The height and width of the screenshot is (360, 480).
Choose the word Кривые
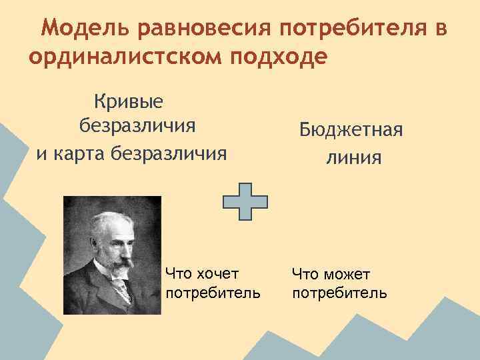[131, 102]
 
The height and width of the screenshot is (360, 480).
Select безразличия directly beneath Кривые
[137, 127]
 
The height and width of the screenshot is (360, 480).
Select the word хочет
[217, 273]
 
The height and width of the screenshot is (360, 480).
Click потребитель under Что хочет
[213, 293]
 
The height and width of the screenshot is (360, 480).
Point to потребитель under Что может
[339, 293]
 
